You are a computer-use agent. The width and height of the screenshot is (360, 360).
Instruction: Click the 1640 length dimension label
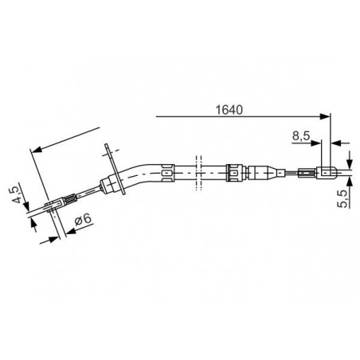pyautogui.click(x=229, y=110)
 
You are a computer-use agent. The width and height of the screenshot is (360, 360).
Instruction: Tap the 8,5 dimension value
pyautogui.click(x=301, y=136)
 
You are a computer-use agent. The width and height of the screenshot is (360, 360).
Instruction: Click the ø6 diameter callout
pyautogui.click(x=83, y=220)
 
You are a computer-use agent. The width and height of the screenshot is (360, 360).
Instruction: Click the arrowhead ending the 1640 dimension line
pyautogui.click(x=325, y=116)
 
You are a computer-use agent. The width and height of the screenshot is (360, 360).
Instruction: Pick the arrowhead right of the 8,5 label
pyautogui.click(x=315, y=143)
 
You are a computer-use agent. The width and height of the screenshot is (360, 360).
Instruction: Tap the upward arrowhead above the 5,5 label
pyautogui.click(x=350, y=182)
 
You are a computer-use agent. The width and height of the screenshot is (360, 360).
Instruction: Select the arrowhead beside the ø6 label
pyautogui.click(x=71, y=231)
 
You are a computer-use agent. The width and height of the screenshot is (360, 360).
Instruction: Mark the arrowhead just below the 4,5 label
pyautogui.click(x=26, y=206)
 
